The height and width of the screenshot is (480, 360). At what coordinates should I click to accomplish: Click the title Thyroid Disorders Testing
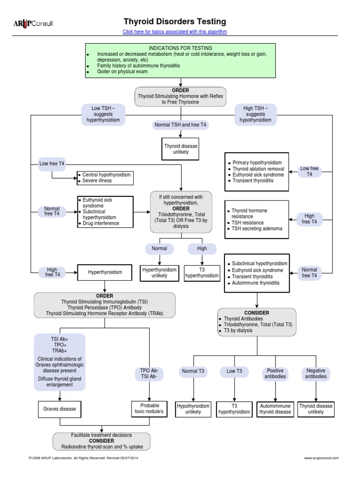point(174,22)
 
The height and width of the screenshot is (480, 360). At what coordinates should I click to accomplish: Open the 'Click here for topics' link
point(174,32)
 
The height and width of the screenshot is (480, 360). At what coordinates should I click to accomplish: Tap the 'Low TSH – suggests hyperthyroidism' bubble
point(103,114)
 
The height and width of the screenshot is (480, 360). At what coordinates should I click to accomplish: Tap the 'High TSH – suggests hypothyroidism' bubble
point(255,114)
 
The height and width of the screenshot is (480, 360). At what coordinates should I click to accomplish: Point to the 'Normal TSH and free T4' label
point(180,125)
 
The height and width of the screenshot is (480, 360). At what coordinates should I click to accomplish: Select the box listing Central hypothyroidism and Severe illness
point(105,178)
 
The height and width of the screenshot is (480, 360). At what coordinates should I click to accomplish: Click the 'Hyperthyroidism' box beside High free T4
point(105,272)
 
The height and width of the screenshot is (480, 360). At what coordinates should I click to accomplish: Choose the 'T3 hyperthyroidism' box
point(202,273)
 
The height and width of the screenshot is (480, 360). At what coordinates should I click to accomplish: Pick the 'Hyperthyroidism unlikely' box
point(159,273)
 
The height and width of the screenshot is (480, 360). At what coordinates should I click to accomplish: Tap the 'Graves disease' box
point(60,409)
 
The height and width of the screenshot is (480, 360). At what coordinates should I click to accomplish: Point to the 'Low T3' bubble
point(234,371)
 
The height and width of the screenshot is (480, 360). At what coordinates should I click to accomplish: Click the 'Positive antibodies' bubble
point(276,374)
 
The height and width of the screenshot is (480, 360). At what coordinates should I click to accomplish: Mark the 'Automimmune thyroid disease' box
point(276,409)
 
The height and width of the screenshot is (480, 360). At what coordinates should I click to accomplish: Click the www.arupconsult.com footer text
point(321,458)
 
